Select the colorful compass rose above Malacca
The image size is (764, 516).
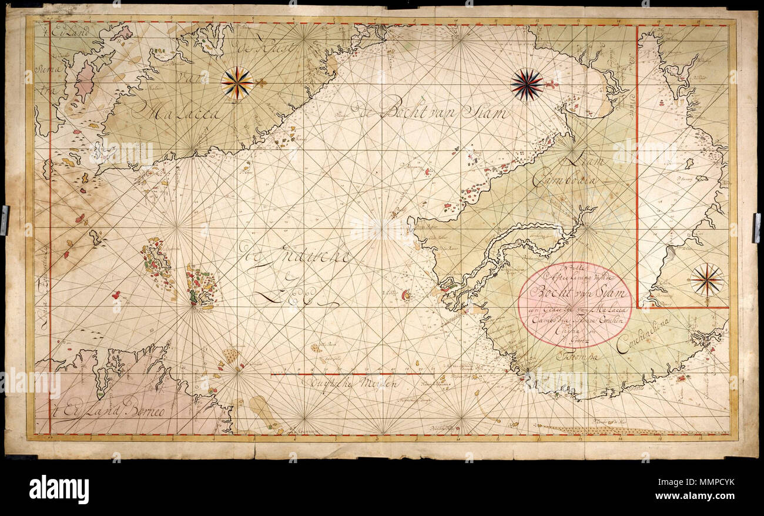point(237,83)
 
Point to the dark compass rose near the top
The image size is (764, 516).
point(526,85)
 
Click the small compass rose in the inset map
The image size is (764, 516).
point(706,280)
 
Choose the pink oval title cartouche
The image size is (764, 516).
point(575,304)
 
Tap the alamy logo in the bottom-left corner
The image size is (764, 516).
point(59,488)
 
